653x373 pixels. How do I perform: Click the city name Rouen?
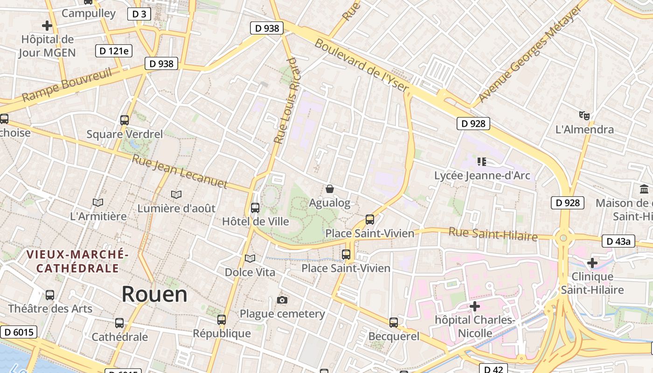pos(154,295)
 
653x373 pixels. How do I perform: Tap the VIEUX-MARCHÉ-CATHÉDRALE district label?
pos(77,262)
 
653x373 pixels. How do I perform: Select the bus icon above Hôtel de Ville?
pos(255,208)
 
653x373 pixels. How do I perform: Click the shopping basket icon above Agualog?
pos(330,189)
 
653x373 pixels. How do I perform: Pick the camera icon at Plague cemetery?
pos(282,300)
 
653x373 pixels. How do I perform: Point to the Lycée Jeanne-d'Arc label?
pos(482,176)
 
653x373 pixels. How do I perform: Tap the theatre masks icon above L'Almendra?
pos(584,115)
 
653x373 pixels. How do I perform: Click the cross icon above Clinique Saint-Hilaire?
pos(592,263)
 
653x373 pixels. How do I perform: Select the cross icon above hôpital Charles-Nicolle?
pos(475,306)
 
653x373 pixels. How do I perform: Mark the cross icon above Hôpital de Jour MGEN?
pos(47,26)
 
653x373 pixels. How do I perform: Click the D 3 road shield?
pos(139,14)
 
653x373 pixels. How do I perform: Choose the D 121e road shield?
pos(113,50)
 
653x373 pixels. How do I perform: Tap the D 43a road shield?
pos(618,241)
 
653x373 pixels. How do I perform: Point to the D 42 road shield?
pos(493,369)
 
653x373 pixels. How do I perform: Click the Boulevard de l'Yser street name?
pos(362,65)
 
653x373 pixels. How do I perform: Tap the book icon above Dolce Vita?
pos(250,258)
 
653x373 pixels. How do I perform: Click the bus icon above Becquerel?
pos(394,322)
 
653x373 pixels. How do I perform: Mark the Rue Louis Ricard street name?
pos(285,100)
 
